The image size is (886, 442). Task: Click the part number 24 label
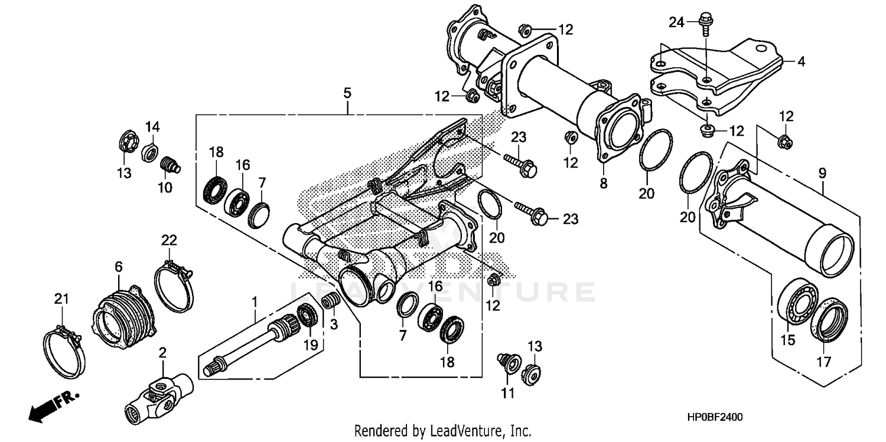pos(676,23)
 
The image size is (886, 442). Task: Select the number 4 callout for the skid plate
pos(801,61)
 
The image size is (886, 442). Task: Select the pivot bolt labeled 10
pos(170,164)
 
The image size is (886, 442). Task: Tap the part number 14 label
pos(152,127)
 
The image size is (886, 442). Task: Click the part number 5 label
pos(347,93)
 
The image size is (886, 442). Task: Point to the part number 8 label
pos(603,184)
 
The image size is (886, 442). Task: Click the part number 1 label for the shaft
pos(255,302)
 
